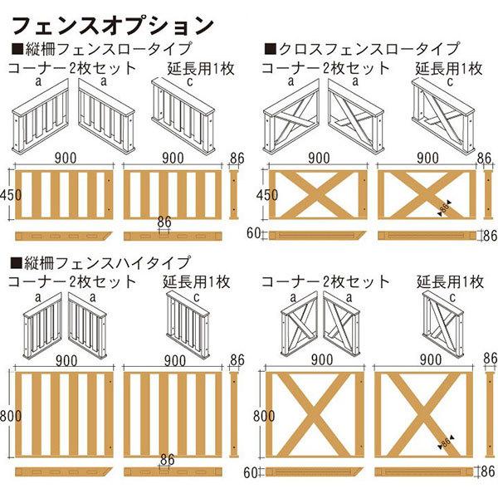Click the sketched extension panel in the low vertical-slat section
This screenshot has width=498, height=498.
pos(183,117)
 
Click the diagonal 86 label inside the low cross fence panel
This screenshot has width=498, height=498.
pos(447,207)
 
